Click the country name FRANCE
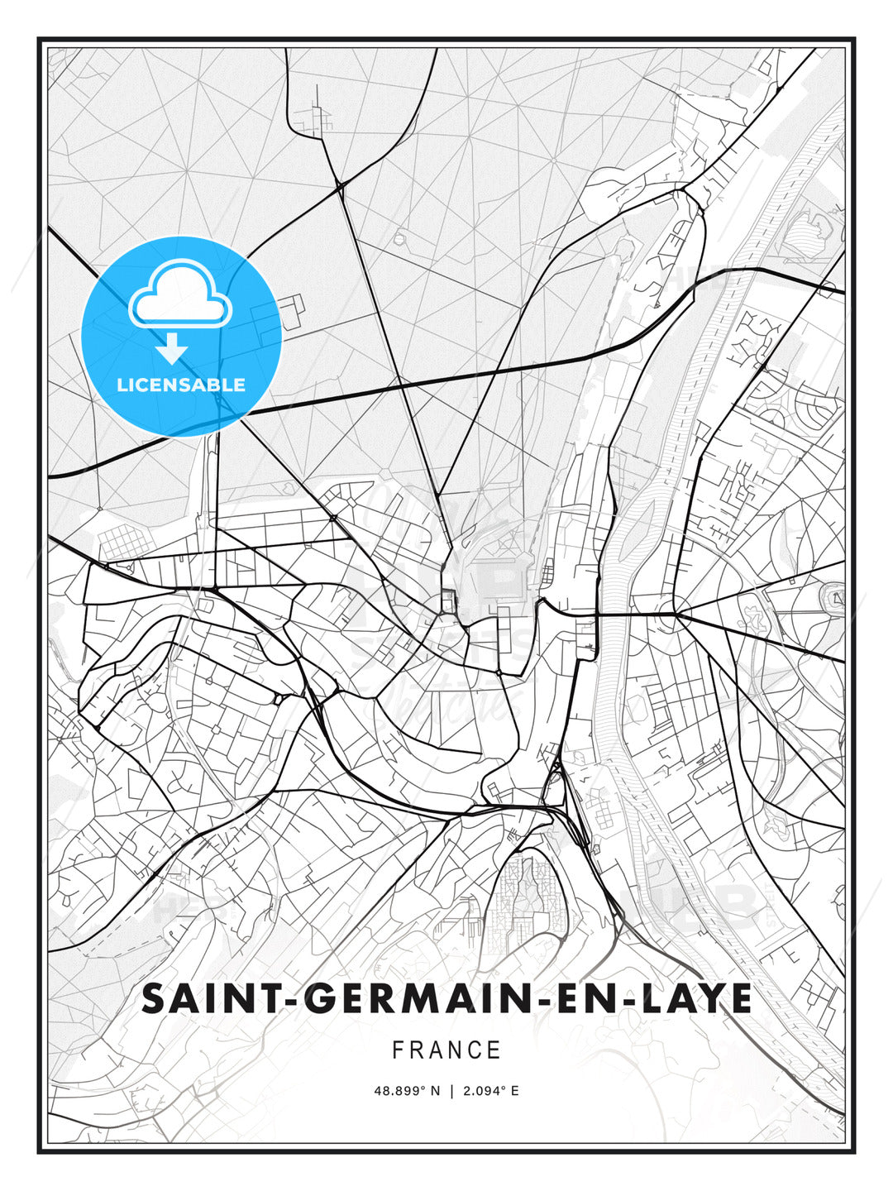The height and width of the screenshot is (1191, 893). [446, 1050]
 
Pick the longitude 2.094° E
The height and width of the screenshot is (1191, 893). [491, 1091]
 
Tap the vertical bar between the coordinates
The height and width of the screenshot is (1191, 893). [451, 1091]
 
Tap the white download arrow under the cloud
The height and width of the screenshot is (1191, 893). [172, 349]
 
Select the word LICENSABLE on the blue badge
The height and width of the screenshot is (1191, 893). [181, 385]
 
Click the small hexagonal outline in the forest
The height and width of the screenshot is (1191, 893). [400, 239]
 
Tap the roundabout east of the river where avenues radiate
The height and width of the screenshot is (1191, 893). [676, 615]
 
